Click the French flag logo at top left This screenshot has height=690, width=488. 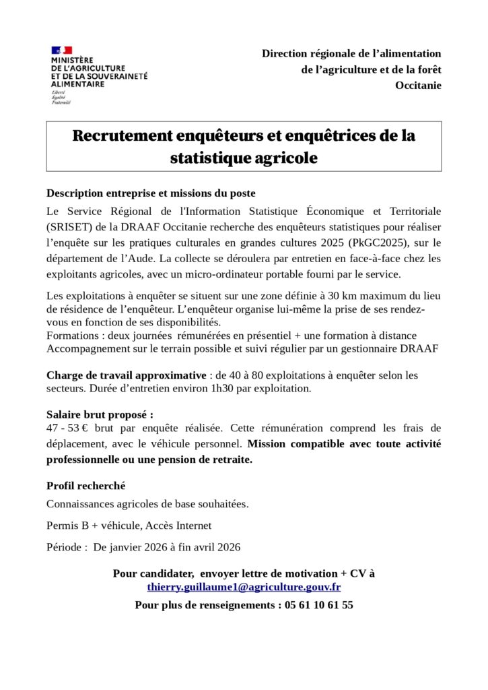61,51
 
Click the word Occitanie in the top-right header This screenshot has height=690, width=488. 418,86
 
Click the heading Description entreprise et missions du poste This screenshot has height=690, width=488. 150,193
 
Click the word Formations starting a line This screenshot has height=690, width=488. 71,335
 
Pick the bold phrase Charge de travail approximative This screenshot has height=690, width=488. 126,375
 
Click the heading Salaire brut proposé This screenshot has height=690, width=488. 100,415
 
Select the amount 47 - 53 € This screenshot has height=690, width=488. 69,428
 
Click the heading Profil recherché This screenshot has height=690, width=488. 85,485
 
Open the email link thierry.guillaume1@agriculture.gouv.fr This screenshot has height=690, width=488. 244,587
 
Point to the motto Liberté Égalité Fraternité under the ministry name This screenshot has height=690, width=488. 61,97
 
